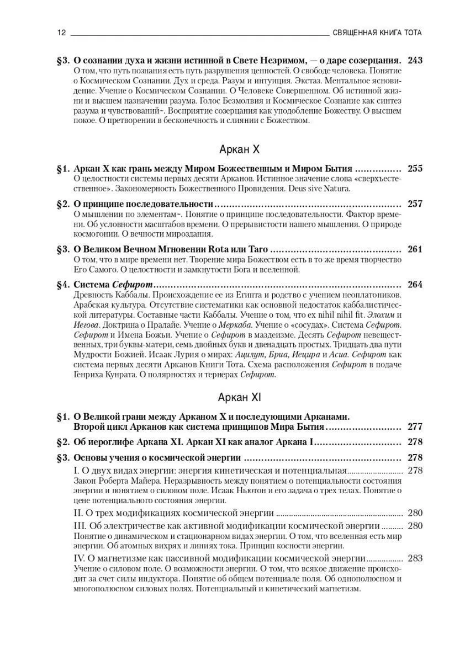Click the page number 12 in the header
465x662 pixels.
click(61, 33)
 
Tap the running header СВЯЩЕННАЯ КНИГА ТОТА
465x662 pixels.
click(377, 33)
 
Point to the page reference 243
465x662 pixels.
click(414, 61)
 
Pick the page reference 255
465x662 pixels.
click(414, 169)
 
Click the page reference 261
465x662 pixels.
click(414, 249)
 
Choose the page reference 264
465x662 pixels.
click(414, 285)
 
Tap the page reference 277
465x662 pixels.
click(414, 426)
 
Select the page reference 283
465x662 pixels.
click(414, 558)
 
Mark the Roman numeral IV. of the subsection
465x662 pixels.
click(81, 558)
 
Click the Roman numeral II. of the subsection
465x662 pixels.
click(78, 512)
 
